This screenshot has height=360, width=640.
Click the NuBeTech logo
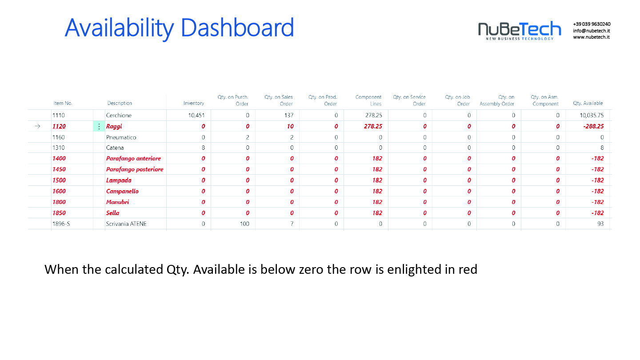pyautogui.click(x=520, y=31)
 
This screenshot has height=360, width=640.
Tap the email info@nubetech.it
pyautogui.click(x=592, y=31)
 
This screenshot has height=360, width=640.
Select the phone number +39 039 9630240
pyautogui.click(x=592, y=24)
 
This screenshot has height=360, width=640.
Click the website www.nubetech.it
pyautogui.click(x=591, y=37)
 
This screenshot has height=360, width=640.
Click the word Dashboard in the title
pyautogui.click(x=237, y=28)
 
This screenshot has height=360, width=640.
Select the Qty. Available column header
pyautogui.click(x=588, y=103)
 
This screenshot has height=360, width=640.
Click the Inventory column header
pyautogui.click(x=193, y=103)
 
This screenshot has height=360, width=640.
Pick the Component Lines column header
pyautogui.click(x=368, y=100)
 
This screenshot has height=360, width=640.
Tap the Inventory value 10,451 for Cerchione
pyautogui.click(x=196, y=116)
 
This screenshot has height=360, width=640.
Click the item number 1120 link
pyautogui.click(x=59, y=126)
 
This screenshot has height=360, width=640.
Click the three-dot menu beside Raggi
pyautogui.click(x=99, y=126)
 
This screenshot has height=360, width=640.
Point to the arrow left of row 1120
pyautogui.click(x=37, y=126)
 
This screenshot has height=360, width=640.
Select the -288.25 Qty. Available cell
pyautogui.click(x=593, y=126)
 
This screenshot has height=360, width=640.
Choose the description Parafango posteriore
pyautogui.click(x=135, y=169)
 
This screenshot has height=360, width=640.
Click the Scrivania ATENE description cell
pyautogui.click(x=126, y=224)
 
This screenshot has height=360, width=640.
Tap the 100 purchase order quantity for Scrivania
pyautogui.click(x=244, y=224)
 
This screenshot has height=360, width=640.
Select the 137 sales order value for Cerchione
pyautogui.click(x=289, y=116)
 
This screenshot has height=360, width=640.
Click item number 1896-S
pyautogui.click(x=61, y=224)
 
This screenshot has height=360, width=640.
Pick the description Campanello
pyautogui.click(x=122, y=191)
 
